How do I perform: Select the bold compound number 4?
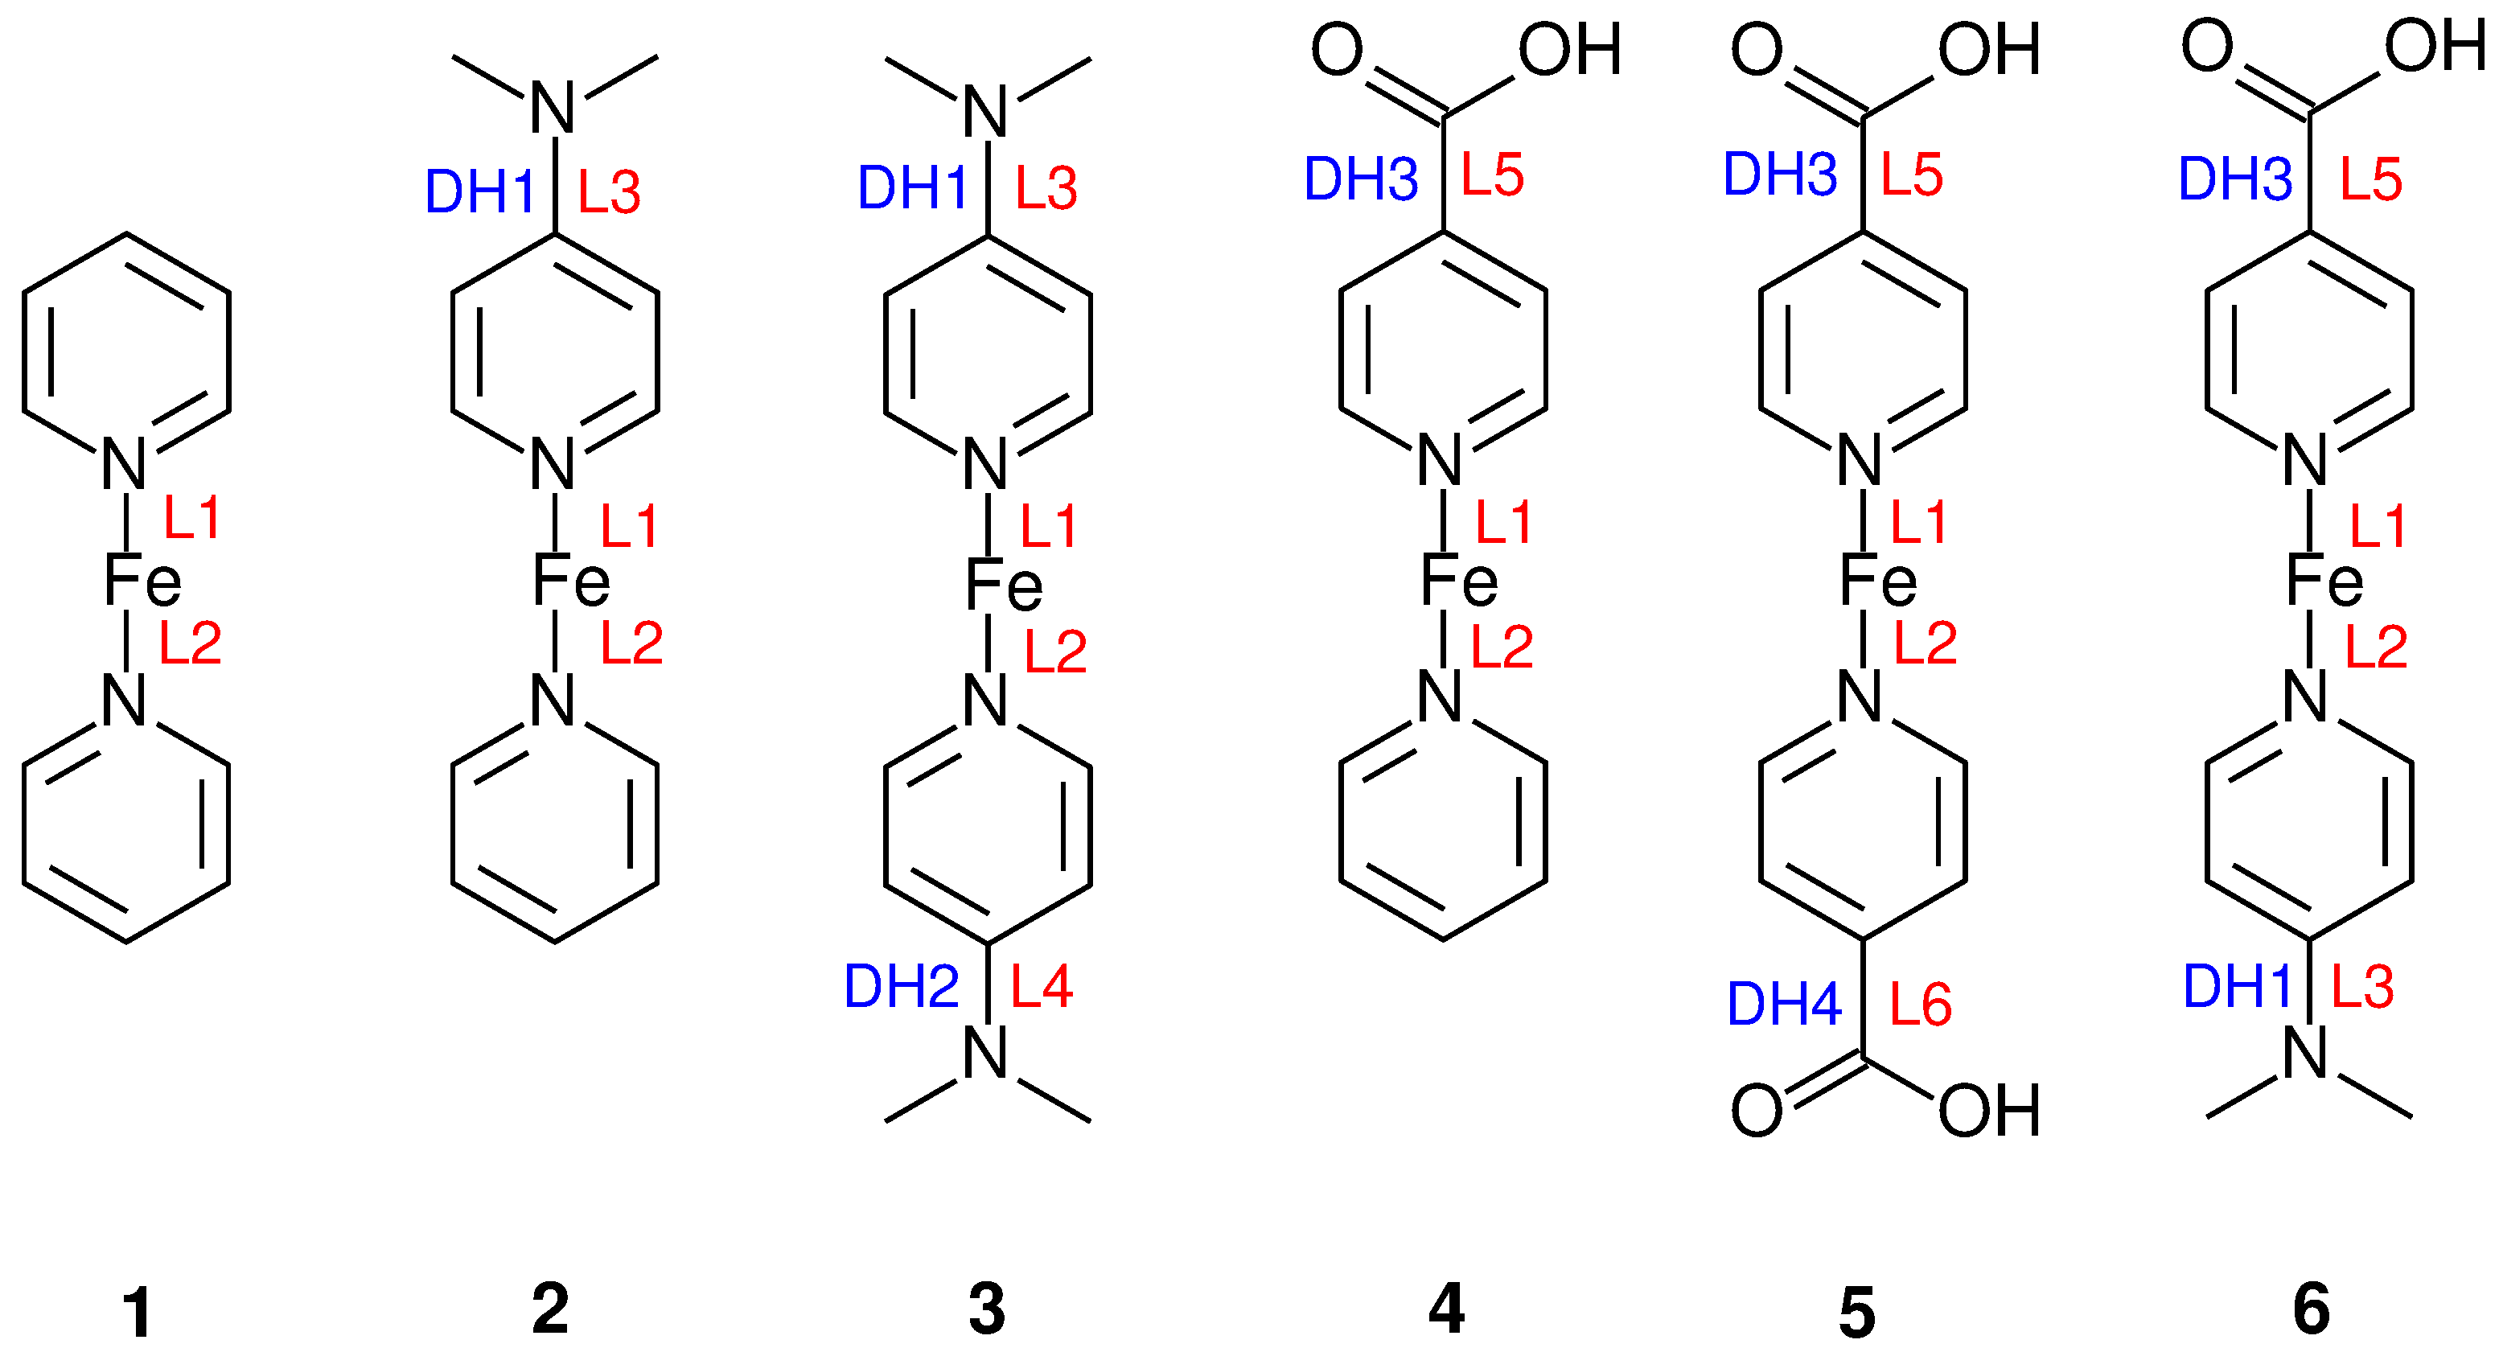(x=1445, y=1309)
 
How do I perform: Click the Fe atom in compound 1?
(x=142, y=582)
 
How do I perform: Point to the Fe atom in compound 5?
(x=1878, y=582)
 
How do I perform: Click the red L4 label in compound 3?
(x=1041, y=986)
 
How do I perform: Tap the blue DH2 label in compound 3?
(x=901, y=986)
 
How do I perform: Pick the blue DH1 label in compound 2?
(x=480, y=191)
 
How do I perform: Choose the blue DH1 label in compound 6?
(x=2236, y=986)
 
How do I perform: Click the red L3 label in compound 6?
(x=2362, y=986)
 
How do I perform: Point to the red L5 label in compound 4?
(x=1492, y=175)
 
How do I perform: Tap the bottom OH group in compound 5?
(x=1989, y=1111)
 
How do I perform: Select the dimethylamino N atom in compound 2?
(x=554, y=108)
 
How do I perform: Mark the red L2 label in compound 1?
(x=190, y=642)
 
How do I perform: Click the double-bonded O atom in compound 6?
(x=2207, y=46)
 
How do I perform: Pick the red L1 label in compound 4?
(x=1502, y=523)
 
